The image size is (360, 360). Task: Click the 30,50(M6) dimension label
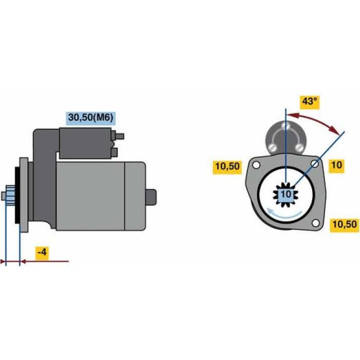point(91,118)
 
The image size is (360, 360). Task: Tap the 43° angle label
point(310,101)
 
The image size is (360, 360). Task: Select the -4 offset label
point(42,253)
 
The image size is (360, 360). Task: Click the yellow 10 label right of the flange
point(336,165)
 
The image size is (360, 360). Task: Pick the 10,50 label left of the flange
point(227,167)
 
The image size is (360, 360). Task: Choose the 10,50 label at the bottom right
point(345,224)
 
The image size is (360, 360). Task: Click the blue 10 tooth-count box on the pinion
point(285,194)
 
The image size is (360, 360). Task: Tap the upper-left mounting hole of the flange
point(256,165)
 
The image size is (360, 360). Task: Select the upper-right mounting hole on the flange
point(315,164)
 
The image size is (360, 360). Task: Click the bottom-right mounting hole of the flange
point(316,223)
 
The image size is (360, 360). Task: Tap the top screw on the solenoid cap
point(285,125)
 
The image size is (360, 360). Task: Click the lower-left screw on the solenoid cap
point(272,147)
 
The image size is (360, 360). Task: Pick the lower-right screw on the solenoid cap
point(299,147)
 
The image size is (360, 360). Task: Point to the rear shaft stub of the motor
point(151,197)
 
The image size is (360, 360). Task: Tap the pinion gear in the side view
point(10,195)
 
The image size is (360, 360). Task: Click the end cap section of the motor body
point(135,196)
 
